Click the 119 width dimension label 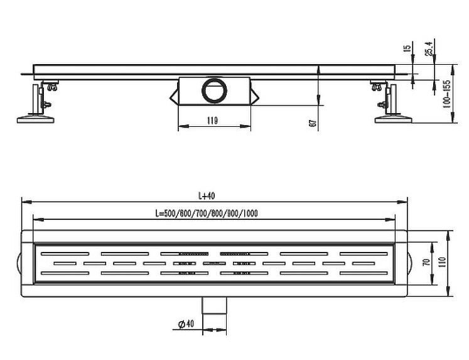click(212, 121)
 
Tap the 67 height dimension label click(313, 123)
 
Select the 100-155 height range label click(447, 95)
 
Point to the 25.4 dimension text click(429, 48)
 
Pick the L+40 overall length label click(207, 196)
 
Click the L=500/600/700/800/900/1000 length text click(207, 214)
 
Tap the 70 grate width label click(428, 262)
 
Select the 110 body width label click(443, 262)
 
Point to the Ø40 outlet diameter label click(186, 324)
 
